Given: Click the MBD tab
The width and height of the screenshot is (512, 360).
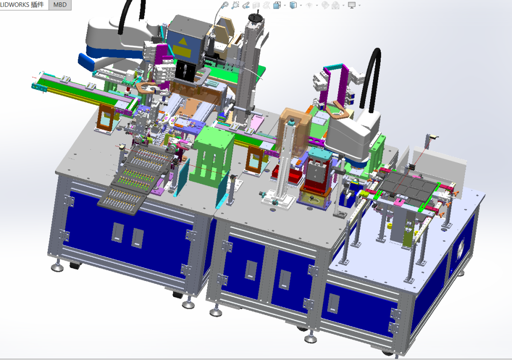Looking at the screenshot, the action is pos(60,5).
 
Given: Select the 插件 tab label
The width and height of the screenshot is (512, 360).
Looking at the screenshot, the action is pos(37,5).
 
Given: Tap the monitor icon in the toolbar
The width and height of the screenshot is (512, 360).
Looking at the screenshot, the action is pos(352,5).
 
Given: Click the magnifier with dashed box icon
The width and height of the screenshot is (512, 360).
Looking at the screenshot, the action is pos(235,5).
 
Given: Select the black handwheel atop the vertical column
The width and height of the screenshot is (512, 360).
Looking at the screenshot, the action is pos(255,18).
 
